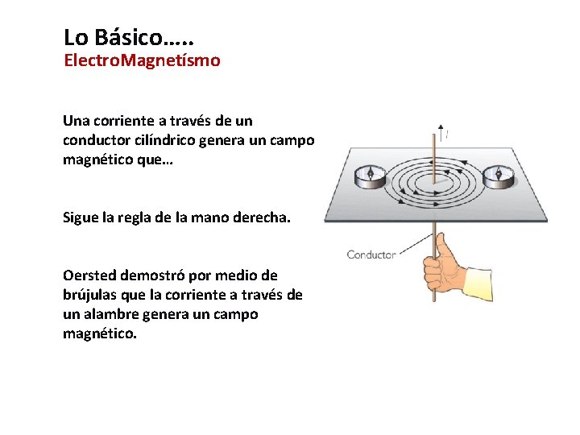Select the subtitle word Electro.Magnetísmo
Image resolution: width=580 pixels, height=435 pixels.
[142, 60]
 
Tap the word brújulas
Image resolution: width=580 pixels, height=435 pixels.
[92, 296]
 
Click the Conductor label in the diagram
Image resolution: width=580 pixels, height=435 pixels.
[371, 255]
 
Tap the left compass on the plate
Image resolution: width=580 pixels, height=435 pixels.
[373, 175]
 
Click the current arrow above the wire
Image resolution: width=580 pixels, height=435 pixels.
[440, 129]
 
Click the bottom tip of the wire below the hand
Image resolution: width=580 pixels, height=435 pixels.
[435, 300]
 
